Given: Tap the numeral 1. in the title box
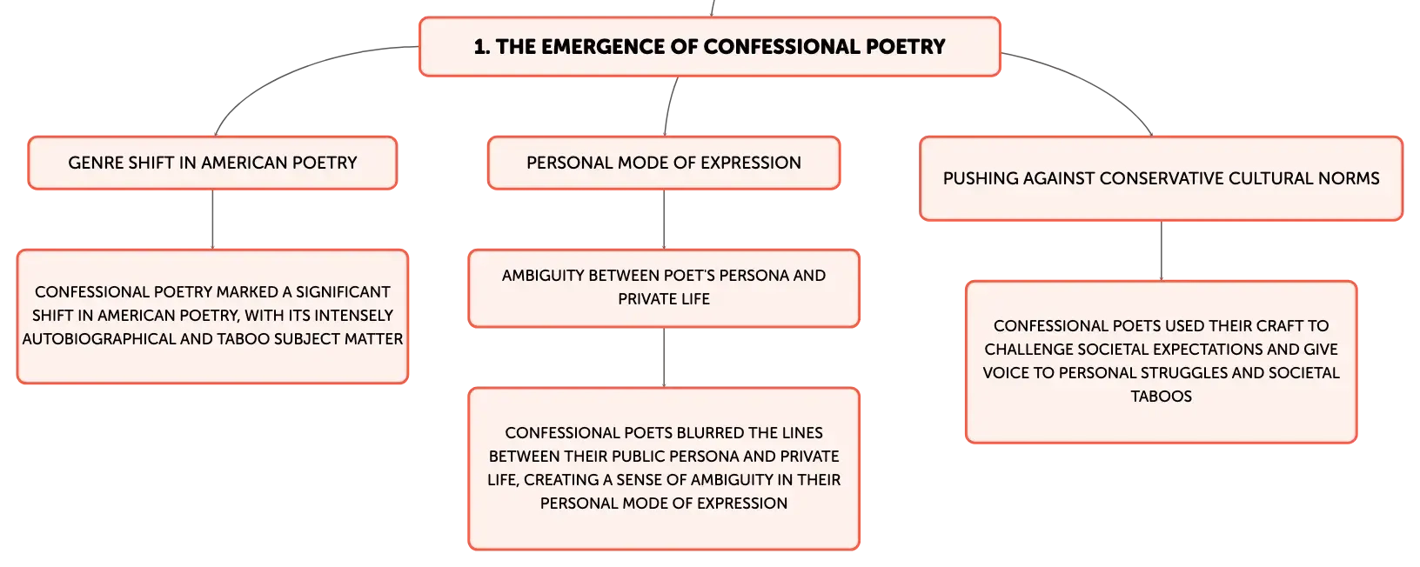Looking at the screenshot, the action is point(482,46).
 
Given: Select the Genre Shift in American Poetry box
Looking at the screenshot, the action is point(212,163).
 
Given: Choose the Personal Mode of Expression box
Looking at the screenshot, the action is point(664,163).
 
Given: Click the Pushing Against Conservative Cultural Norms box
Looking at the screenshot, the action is point(1162,178).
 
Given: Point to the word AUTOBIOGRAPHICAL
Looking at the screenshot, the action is point(99,339).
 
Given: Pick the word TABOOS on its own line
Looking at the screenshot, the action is point(1162,396).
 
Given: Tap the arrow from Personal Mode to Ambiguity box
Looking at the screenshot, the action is point(664,219).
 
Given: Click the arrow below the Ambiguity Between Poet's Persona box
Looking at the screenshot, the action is point(664,357).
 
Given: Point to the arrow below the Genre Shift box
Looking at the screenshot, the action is point(212,219).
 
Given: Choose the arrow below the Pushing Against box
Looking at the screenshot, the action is point(1162,250).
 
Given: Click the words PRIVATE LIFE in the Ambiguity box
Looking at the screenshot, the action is point(664,299).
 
